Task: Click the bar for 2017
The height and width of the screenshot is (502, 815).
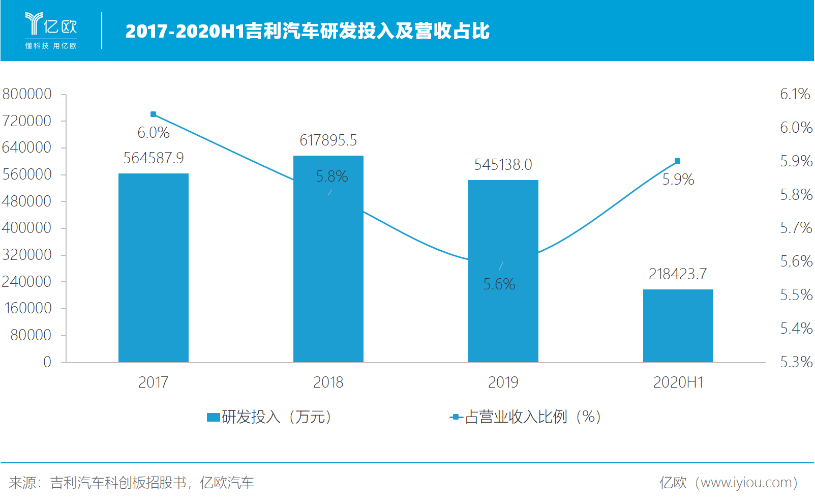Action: point(153,268)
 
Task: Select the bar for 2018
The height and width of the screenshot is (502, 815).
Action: point(328,259)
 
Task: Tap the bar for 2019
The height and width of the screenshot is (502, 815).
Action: point(503,271)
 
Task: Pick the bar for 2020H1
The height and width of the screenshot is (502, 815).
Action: point(678,326)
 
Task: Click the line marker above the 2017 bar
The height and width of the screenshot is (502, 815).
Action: point(154,114)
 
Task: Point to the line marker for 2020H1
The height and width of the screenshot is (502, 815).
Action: point(677,161)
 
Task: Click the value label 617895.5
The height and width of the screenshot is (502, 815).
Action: point(328,140)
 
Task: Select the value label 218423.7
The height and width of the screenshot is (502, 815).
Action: point(677,274)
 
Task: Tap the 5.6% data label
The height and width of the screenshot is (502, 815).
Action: point(499,284)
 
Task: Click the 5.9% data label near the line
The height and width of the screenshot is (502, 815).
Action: point(678,180)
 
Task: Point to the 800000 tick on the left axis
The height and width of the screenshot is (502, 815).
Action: point(27,94)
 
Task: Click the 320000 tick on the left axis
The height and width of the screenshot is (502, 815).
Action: point(27,255)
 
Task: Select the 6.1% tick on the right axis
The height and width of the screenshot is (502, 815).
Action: point(795,94)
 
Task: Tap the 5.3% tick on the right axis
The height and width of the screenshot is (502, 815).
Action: point(796,362)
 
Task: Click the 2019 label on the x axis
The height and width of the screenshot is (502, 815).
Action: point(503,382)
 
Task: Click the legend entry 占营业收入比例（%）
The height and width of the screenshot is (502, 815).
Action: point(527,417)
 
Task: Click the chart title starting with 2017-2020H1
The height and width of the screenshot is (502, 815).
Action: point(307,31)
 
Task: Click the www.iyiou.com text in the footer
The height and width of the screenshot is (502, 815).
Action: point(745,482)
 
